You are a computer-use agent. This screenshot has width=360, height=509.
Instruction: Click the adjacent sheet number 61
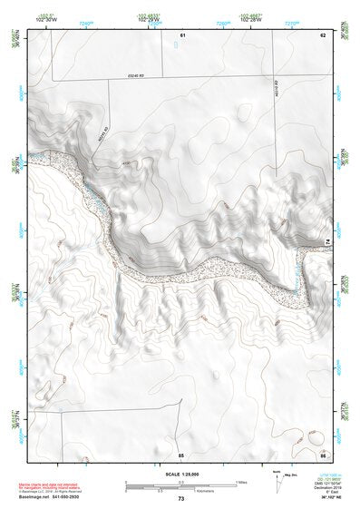[x=182, y=34]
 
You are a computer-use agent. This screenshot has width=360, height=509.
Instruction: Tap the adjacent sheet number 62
[x=322, y=34]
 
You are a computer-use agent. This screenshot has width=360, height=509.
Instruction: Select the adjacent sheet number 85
[x=181, y=454]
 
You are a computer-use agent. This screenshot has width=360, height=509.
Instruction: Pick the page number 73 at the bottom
[x=180, y=499]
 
